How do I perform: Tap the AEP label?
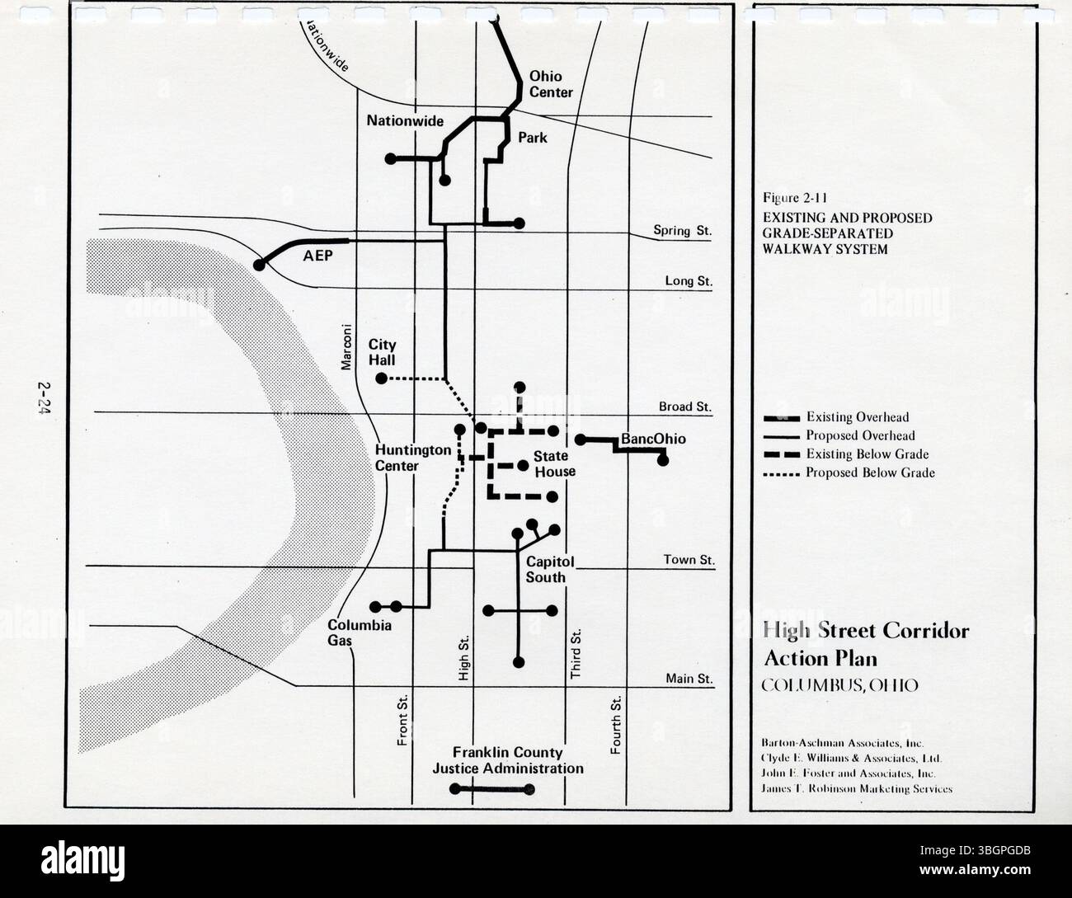tap(317, 256)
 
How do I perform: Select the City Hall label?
tap(382, 352)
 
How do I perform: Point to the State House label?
tap(553, 463)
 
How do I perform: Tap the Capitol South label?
tap(545, 569)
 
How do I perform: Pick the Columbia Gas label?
tap(359, 632)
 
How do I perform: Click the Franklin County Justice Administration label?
tap(508, 760)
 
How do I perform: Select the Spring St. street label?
tap(682, 231)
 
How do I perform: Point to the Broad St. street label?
tap(684, 407)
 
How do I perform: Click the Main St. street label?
tap(689, 679)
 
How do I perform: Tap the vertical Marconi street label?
tap(347, 346)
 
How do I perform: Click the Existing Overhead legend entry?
tap(858, 417)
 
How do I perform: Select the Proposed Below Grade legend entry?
tap(870, 473)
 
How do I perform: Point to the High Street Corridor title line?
tap(866, 632)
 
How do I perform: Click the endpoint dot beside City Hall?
tap(381, 378)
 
